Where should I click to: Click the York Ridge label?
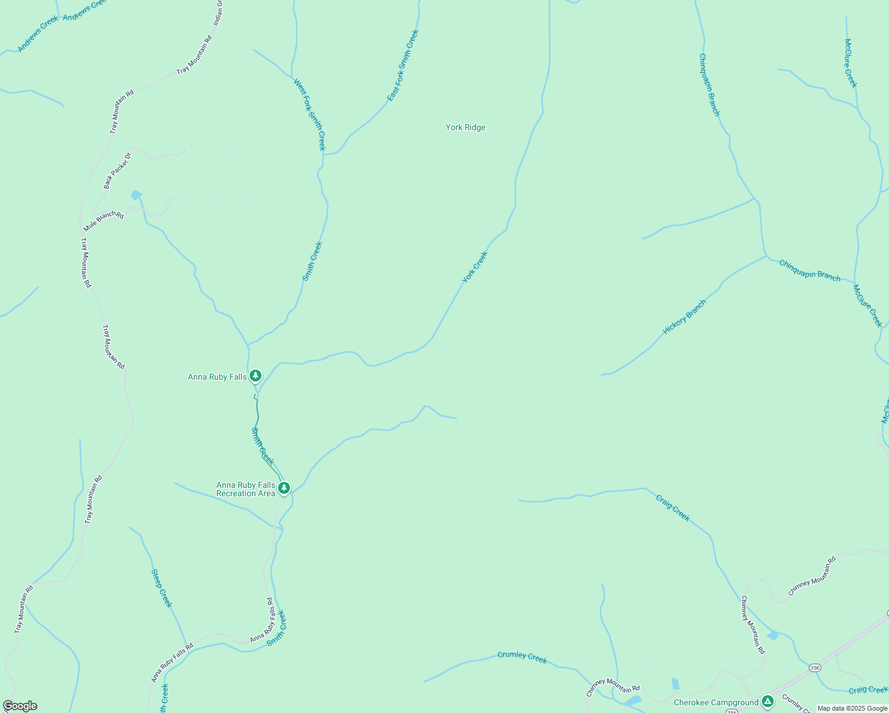pyautogui.click(x=465, y=127)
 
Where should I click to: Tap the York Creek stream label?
pyautogui.click(x=475, y=267)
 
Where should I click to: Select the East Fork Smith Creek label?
pyautogui.click(x=403, y=65)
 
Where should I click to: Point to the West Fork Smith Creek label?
pyautogui.click(x=310, y=115)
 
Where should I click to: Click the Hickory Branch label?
pyautogui.click(x=685, y=317)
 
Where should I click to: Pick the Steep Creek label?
pyautogui.click(x=162, y=588)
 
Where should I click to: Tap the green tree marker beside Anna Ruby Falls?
pyautogui.click(x=256, y=376)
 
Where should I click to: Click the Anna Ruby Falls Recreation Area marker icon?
pyautogui.click(x=284, y=488)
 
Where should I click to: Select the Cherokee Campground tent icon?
pyautogui.click(x=768, y=702)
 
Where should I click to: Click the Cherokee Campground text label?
pyautogui.click(x=716, y=702)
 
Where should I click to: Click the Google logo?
pyautogui.click(x=20, y=706)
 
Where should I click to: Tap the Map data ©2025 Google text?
pyautogui.click(x=852, y=708)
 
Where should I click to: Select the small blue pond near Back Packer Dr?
pyautogui.click(x=137, y=195)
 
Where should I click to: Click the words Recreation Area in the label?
pyautogui.click(x=245, y=493)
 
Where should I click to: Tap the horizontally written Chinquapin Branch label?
pyautogui.click(x=809, y=270)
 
